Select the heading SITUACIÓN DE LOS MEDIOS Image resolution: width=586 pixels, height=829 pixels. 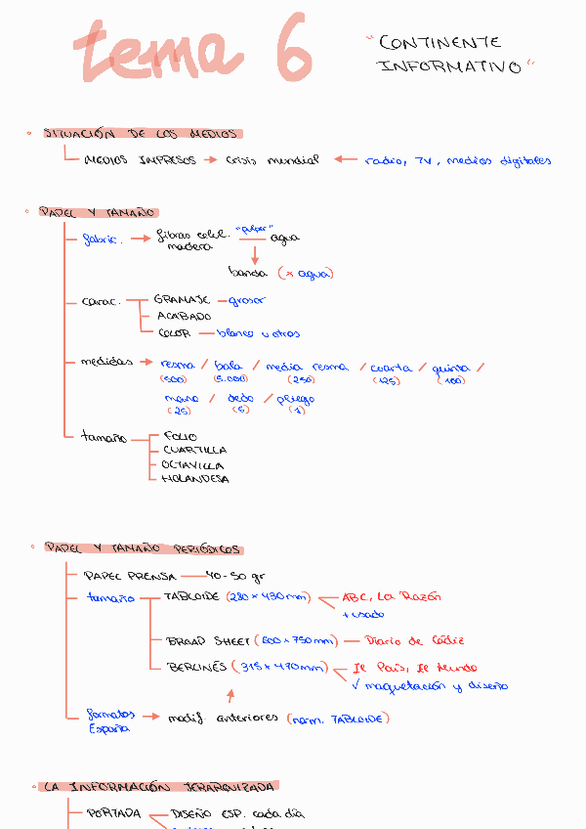(143, 134)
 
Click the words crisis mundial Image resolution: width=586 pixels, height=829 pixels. (272, 160)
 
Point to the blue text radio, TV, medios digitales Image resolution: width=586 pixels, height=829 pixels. (457, 160)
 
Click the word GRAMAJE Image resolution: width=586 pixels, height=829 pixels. (182, 300)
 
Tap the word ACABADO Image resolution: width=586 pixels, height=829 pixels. (184, 317)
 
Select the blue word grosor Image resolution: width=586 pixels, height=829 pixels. (246, 300)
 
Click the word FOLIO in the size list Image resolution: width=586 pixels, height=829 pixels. (180, 436)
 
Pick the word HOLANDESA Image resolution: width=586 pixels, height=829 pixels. (195, 480)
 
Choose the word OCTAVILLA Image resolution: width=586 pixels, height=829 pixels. (193, 465)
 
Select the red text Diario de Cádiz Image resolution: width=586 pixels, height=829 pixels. (414, 641)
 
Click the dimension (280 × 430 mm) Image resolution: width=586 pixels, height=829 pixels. (267, 596)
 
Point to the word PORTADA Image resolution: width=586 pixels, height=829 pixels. (113, 813)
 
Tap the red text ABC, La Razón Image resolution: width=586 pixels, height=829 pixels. (391, 596)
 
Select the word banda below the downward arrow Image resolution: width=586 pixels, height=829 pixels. (247, 274)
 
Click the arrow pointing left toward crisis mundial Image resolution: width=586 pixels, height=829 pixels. (345, 160)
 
